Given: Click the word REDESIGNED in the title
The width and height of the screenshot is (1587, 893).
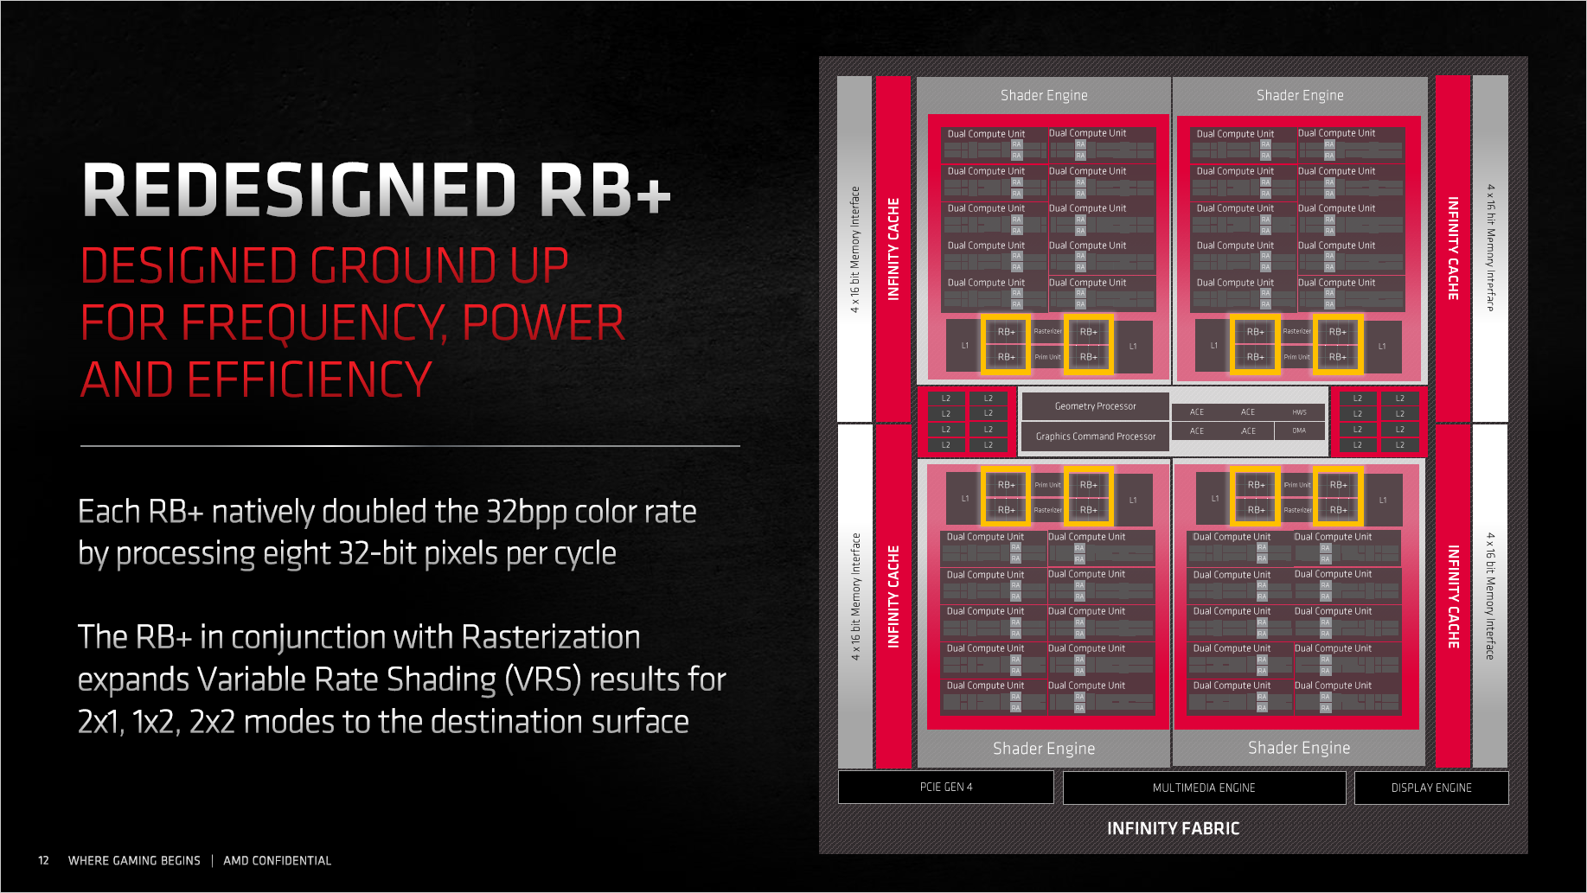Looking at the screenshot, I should coord(299,190).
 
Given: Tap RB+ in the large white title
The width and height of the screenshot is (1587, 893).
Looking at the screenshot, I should coord(605,190).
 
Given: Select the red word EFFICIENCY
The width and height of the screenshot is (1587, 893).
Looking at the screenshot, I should coord(310,380).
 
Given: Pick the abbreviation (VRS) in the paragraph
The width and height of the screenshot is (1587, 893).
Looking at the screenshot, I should coord(542,679).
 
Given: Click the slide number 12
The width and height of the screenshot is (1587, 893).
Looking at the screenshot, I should coord(43,860).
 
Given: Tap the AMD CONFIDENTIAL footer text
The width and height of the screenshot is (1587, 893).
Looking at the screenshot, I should coord(277,860).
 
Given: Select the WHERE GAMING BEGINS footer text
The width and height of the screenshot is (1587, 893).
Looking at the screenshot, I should coord(134,860).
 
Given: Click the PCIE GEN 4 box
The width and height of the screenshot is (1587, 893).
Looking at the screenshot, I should coord(945,788).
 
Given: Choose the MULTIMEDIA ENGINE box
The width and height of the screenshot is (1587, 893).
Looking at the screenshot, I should coord(1203,788).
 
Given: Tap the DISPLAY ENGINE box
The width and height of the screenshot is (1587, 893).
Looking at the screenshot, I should coord(1430,788).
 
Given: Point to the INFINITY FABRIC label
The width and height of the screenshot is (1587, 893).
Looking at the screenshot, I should coord(1173,828).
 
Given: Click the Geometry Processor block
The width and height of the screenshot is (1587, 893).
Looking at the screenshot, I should coord(1095,406).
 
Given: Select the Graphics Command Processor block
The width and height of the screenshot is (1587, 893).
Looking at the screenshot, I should coord(1095,437).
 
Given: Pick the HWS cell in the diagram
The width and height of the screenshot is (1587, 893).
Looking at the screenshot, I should coord(1299,412).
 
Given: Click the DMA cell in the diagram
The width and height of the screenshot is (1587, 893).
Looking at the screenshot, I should coord(1299,431).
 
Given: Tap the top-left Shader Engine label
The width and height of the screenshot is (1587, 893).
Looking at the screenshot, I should coord(1044,95).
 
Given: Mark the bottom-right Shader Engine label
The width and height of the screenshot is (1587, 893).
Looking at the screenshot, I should coord(1298,748).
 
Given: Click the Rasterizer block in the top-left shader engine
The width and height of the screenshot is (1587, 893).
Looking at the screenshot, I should coord(1047,331).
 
